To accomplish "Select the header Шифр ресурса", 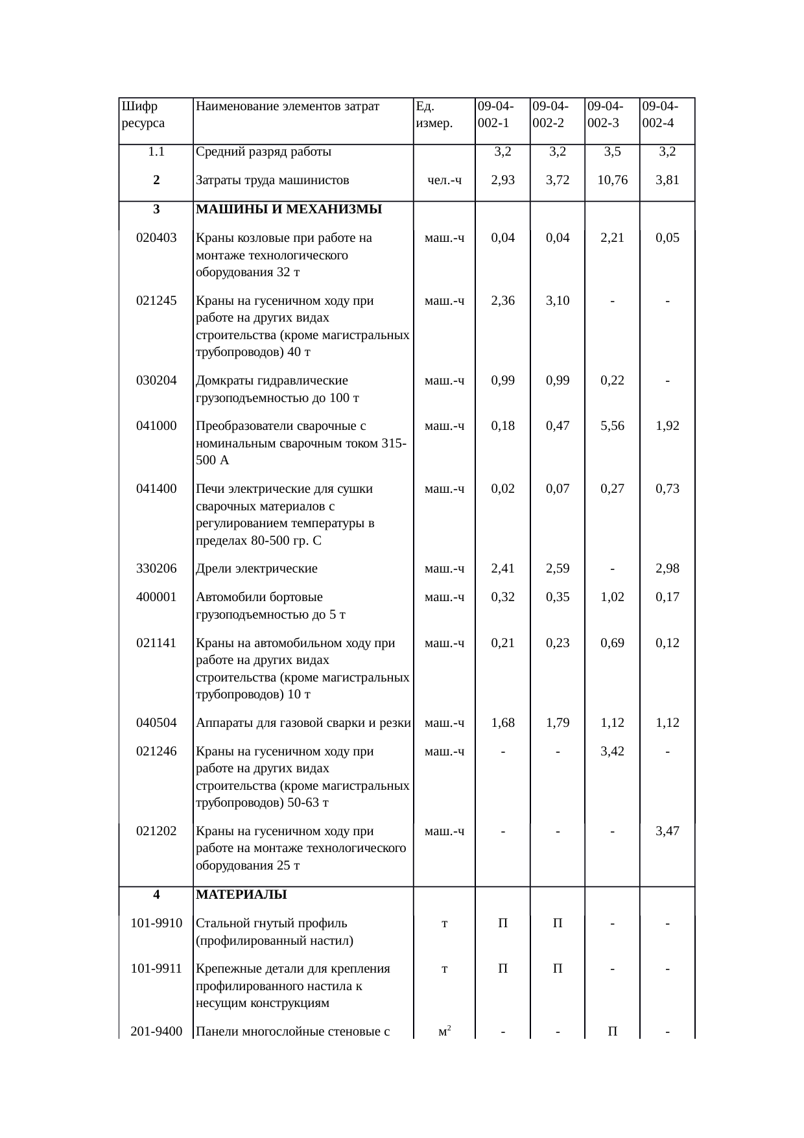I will (143, 114).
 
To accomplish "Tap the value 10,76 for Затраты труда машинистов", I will (612, 180).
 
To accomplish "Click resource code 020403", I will (156, 238).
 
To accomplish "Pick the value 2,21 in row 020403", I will (612, 238).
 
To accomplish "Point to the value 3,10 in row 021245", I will (558, 301).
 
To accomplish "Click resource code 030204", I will (156, 381).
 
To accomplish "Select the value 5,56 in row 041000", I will (612, 426).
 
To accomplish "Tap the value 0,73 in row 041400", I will (667, 489).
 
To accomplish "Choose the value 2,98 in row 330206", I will (667, 569).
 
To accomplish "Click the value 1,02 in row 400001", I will (612, 597).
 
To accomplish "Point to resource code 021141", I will (156, 643).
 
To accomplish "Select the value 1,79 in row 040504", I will (558, 722).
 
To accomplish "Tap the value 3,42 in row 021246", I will (612, 752).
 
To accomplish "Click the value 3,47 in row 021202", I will (667, 831).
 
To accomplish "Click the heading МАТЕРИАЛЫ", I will (241, 895).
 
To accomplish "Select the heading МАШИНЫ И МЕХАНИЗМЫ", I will (289, 209).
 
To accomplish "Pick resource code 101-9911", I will (156, 969).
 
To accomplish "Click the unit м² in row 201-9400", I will (444, 1032).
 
